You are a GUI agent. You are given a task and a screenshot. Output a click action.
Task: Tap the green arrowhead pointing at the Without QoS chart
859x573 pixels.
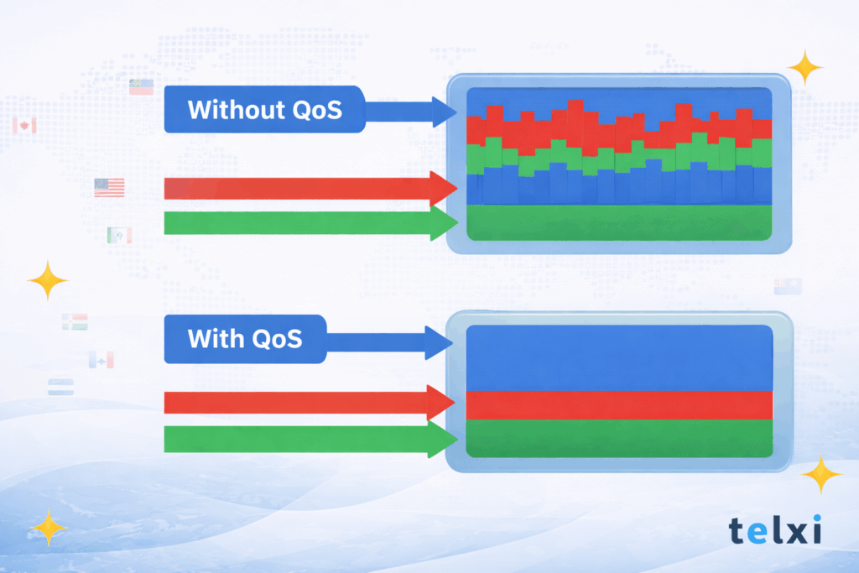[x=443, y=223]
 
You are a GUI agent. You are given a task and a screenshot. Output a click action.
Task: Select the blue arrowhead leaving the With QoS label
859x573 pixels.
[x=439, y=342]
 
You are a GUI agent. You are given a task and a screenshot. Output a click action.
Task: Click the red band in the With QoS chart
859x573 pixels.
[x=619, y=405]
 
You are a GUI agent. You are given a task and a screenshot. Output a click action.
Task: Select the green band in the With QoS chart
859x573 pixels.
[x=619, y=438]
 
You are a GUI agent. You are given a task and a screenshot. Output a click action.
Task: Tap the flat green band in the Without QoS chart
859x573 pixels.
[x=619, y=221]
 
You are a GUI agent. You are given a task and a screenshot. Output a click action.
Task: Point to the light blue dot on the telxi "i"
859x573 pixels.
[x=815, y=519]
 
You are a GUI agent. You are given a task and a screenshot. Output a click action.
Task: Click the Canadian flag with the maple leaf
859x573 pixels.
[x=24, y=126]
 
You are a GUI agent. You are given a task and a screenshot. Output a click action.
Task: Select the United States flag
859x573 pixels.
[x=109, y=187]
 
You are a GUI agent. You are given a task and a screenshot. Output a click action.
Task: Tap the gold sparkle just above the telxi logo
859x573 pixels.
[x=820, y=476]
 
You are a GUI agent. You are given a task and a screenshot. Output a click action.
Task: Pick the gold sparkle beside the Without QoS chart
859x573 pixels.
[x=805, y=68]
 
